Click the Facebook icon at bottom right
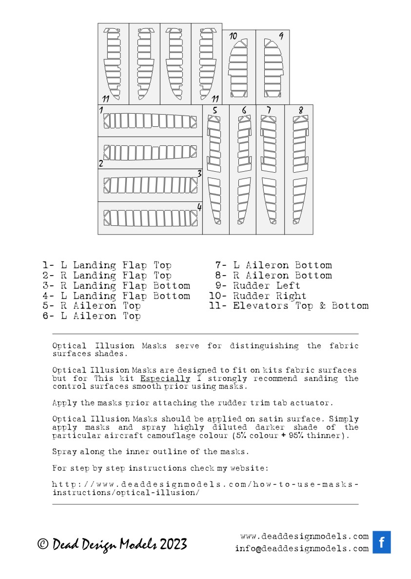tap(382, 542)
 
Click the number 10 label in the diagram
tap(233, 36)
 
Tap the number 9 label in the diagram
tap(281, 36)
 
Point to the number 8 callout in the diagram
tap(301, 110)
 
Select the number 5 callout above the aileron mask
tap(215, 110)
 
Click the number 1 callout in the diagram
tap(101, 110)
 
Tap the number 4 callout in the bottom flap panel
tap(199, 207)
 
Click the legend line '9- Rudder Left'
tap(258, 285)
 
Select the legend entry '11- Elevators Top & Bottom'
tap(289, 306)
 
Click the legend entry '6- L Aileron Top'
tap(92, 316)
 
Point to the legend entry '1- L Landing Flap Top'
tap(107, 265)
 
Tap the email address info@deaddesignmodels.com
tap(301, 548)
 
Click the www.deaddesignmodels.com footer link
tap(304, 536)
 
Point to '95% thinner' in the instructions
tap(317, 436)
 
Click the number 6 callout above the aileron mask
tap(244, 110)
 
